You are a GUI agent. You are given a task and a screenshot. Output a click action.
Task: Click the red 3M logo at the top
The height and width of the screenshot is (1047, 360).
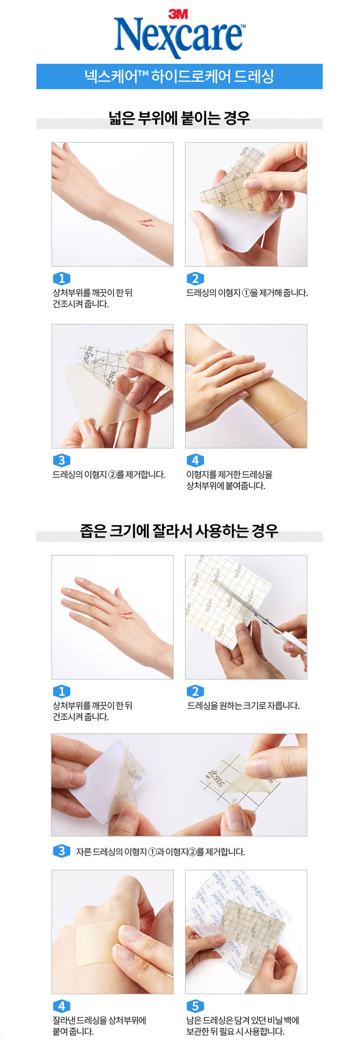coord(178,14)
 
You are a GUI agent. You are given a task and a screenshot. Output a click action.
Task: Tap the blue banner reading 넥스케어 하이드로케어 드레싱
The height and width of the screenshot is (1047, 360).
coord(180,76)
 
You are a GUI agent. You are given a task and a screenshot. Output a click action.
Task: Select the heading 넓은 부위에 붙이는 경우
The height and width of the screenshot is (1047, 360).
coord(179,118)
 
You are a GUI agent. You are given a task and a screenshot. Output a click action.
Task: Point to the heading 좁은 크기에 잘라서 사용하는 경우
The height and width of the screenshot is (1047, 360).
coord(179,531)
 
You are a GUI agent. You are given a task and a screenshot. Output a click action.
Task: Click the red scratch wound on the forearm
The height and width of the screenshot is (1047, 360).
coord(144,222)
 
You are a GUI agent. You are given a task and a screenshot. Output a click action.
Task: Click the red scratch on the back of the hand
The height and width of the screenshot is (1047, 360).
coord(126,615)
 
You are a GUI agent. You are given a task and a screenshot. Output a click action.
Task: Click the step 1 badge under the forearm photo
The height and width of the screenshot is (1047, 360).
coord(62,279)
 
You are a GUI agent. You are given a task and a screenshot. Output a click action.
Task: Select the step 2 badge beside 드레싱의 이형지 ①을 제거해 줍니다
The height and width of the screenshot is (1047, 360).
coord(195,279)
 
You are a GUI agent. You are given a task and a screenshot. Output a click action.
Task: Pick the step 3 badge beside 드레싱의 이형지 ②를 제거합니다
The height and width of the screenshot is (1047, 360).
coord(62,460)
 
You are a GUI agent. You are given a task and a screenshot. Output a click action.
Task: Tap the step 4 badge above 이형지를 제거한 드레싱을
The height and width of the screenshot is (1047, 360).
coord(195,460)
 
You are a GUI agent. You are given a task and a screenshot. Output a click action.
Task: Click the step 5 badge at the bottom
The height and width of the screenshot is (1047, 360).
coord(195,1006)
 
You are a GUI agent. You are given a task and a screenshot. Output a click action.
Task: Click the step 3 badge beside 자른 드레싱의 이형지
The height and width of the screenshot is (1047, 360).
coord(62,851)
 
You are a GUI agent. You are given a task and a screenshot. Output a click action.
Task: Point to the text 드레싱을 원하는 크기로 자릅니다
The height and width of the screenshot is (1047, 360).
coord(243,706)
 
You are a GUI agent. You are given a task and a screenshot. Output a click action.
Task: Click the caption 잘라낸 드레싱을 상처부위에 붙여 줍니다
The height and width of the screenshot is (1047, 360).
coord(99,1026)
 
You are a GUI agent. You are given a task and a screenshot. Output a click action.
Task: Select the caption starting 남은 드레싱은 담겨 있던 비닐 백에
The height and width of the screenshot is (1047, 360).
coord(243,1026)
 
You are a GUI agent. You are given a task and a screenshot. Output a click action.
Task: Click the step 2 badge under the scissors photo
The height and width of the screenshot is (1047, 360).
coord(195,691)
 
